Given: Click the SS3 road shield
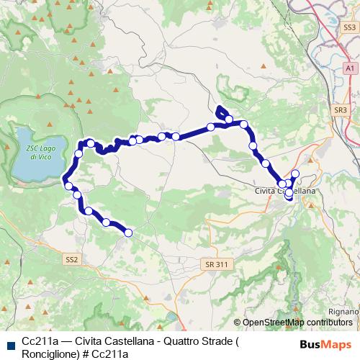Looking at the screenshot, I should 350,27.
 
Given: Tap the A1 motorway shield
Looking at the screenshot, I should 350,68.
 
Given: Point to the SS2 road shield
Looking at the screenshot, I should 71,258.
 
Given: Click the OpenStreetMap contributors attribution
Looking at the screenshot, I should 295,322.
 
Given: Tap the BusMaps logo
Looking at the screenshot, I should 326,344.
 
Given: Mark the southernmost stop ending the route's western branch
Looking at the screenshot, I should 129,232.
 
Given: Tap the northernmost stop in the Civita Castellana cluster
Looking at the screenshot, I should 294,174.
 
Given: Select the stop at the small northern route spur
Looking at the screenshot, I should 228,119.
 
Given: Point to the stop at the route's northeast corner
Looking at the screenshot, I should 244,125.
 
